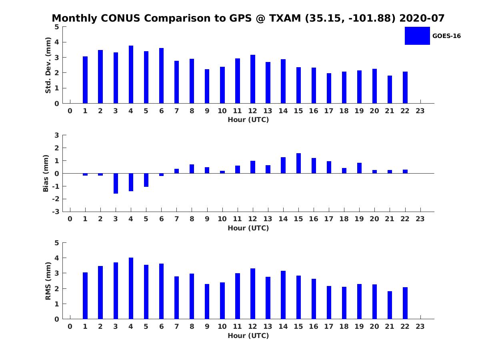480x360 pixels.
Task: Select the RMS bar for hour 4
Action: pos(131,288)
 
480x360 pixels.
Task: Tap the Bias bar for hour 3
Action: pos(116,183)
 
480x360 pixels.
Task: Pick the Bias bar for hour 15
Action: pos(298,163)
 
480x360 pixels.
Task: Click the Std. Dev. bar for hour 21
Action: pos(390,90)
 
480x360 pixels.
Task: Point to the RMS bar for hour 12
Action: pos(253,294)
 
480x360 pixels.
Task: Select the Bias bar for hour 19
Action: pos(359,168)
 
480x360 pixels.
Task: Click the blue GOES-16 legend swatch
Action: pos(417,36)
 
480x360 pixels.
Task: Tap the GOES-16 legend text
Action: pos(446,36)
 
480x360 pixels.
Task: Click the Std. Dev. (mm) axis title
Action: pos(48,65)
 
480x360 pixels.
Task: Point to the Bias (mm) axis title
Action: pos(46,173)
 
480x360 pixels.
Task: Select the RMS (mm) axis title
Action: pos(48,281)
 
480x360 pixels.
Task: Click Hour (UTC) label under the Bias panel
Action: pos(248,228)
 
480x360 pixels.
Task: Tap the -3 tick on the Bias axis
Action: pos(56,212)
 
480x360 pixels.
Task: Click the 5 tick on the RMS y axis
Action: pos(57,243)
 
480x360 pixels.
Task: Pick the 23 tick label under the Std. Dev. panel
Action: pos(420,111)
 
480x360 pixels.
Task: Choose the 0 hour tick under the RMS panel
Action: pos(70,326)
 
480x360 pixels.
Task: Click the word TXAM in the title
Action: pos(286,18)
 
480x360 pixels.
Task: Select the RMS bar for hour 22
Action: pos(405,303)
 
